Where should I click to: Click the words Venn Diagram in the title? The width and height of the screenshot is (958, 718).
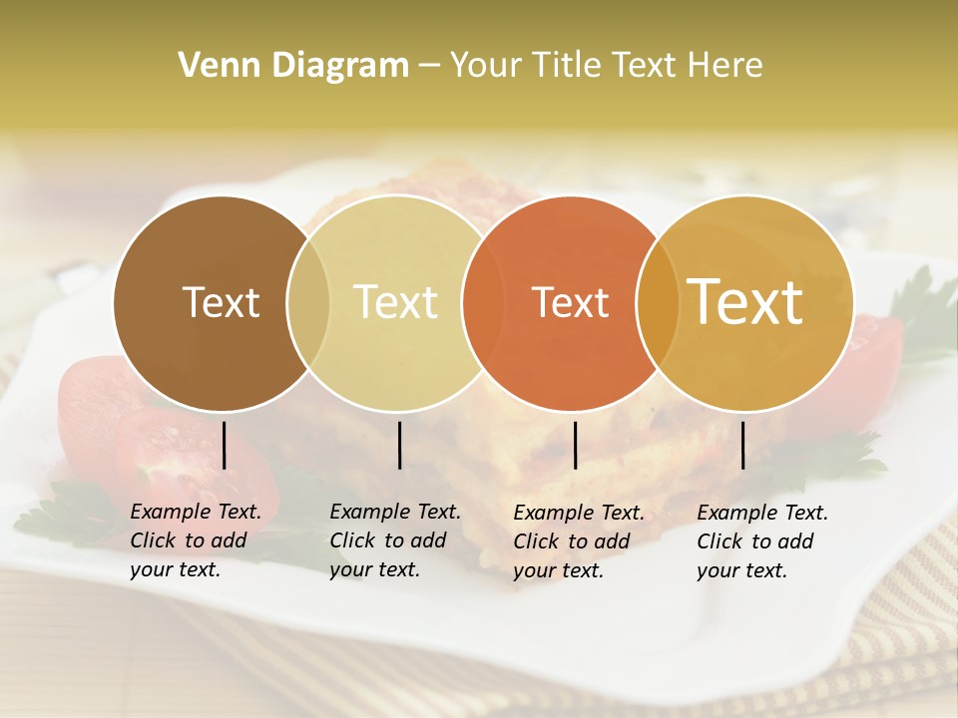293,66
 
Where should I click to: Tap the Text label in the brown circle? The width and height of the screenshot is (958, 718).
221,302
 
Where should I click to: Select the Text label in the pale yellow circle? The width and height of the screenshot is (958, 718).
395,302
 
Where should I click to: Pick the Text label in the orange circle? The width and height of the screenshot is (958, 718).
570,302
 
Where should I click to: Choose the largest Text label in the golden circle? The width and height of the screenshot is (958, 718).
745,301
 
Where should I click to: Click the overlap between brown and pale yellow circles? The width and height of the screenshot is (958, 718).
308,303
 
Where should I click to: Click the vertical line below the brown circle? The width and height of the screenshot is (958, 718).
225,445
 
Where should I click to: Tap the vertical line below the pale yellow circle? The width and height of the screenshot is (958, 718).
399,445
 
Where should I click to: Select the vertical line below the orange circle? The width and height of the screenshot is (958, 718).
576,445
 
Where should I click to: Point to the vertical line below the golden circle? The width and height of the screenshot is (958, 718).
742,445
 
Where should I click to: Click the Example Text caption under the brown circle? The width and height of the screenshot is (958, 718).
195,540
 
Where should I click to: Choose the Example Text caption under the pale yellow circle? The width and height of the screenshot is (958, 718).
394,540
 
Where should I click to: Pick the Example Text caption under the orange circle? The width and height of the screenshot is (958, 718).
578,541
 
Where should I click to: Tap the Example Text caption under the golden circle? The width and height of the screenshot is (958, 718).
761,541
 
